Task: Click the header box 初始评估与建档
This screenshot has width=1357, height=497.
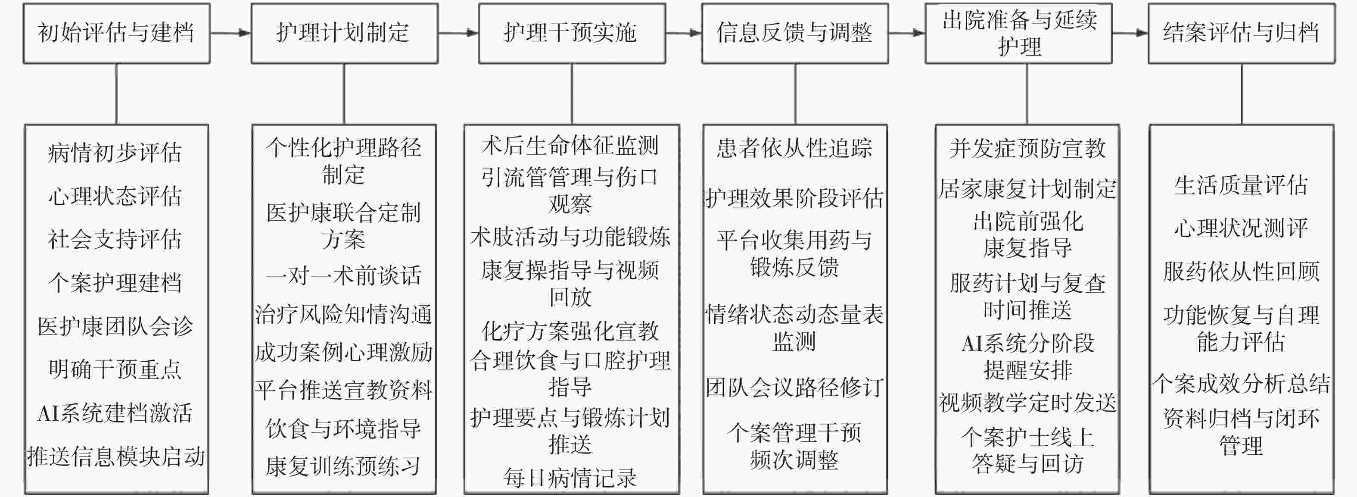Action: tap(116, 33)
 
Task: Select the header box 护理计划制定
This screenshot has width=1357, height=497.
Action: tap(344, 33)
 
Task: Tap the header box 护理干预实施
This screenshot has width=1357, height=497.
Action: tap(572, 33)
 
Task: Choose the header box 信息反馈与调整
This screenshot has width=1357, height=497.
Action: tap(794, 33)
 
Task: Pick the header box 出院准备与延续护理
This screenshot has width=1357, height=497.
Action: tap(1018, 33)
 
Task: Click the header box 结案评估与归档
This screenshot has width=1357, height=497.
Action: tap(1241, 33)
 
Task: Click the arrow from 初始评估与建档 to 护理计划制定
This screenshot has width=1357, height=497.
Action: tap(230, 33)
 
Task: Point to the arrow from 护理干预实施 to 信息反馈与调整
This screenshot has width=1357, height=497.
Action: tap(683, 33)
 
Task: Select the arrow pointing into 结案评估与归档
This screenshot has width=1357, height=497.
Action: tap(1130, 33)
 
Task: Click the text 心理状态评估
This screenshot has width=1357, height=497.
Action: tap(115, 196)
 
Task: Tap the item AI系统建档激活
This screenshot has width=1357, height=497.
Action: tap(115, 413)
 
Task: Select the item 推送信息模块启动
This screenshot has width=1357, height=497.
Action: tap(116, 456)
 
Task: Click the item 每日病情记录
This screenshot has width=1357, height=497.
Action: tap(570, 478)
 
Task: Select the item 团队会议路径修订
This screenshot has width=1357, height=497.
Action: tap(794, 388)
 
